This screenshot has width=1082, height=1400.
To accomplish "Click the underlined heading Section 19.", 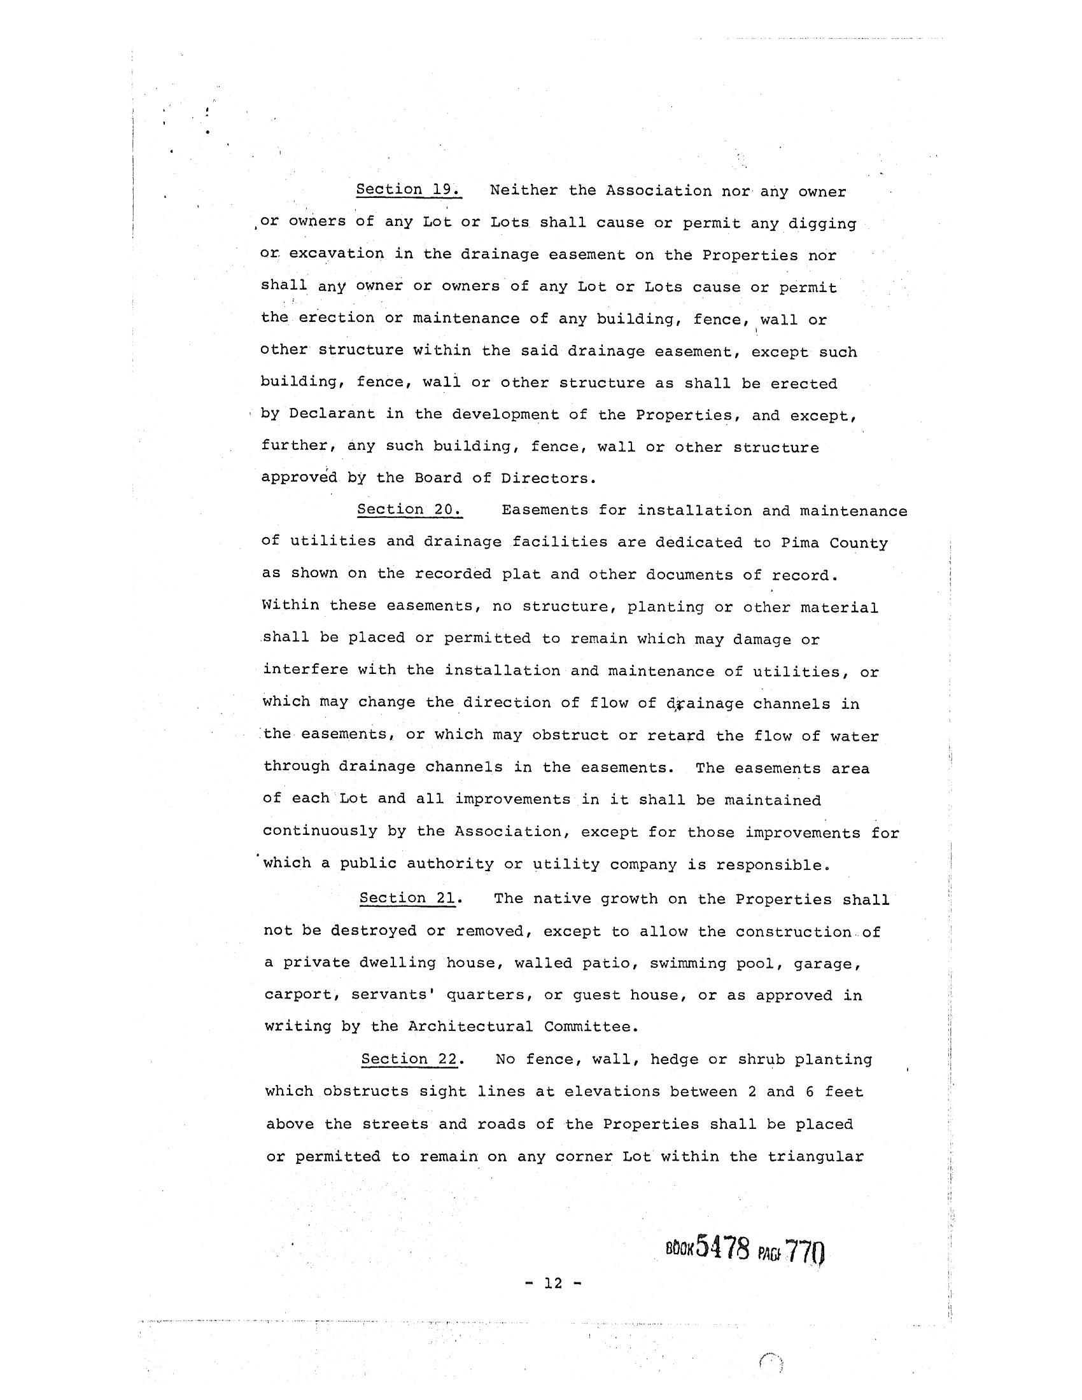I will tap(409, 190).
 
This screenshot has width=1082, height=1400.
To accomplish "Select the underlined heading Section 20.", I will tap(410, 510).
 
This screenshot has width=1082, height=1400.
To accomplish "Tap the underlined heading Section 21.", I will tap(409, 898).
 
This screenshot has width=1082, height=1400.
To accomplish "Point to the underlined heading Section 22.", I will tap(410, 1059).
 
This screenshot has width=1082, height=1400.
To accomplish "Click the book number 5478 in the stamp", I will tap(722, 1247).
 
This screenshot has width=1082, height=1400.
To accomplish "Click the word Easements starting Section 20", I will tap(545, 510).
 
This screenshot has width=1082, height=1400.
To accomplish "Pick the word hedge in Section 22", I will tap(673, 1059).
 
